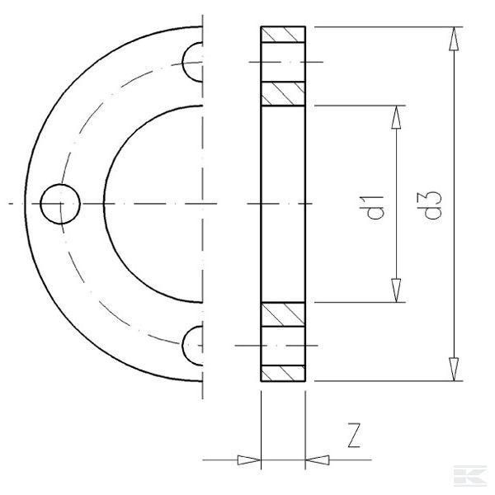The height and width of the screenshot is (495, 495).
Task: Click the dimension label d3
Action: click(x=432, y=205)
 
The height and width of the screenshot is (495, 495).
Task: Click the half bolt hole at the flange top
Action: click(x=193, y=62)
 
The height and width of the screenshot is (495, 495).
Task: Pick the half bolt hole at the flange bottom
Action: click(x=193, y=344)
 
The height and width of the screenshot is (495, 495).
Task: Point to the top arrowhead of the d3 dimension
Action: click(x=453, y=37)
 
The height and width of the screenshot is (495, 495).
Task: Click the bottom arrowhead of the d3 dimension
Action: click(x=453, y=370)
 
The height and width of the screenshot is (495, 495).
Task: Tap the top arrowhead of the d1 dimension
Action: click(x=397, y=115)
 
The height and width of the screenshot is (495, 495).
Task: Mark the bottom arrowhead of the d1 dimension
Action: click(x=397, y=290)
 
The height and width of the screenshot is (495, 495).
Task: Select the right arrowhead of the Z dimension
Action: click(x=317, y=458)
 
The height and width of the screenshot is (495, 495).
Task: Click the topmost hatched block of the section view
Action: click(x=283, y=35)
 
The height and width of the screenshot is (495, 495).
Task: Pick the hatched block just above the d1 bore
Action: click(x=283, y=93)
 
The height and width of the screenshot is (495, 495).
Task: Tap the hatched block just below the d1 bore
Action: click(x=283, y=314)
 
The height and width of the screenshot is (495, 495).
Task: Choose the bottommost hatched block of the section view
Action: click(x=283, y=372)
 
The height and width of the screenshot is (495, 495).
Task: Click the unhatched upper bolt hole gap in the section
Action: click(x=283, y=62)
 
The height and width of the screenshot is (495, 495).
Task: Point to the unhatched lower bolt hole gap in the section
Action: click(x=283, y=344)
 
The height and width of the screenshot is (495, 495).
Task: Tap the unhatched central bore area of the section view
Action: click(x=283, y=204)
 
